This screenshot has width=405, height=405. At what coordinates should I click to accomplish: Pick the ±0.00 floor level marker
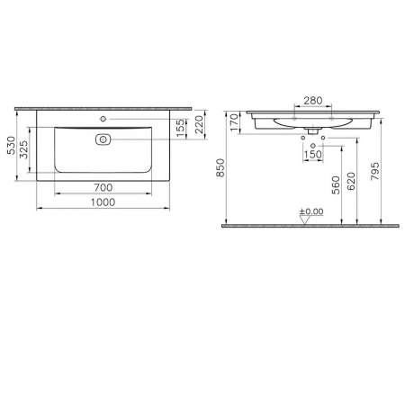[311, 212]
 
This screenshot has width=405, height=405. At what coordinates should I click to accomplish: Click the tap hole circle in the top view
[103, 118]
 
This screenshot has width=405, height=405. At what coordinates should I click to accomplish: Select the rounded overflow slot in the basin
[102, 139]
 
